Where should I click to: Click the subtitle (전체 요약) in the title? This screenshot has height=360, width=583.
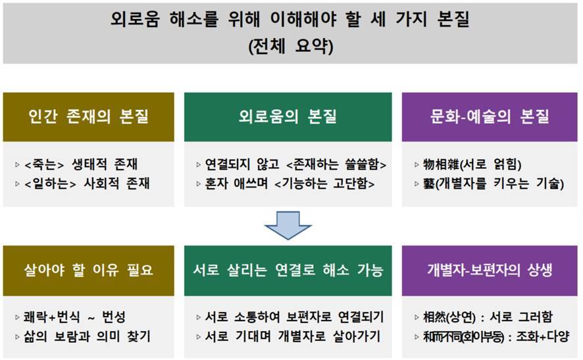point(291,47)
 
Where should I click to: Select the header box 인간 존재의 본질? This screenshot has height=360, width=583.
point(89,117)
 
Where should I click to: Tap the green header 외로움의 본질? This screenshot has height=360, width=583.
point(288,117)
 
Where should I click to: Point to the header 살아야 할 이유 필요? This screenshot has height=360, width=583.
point(89,270)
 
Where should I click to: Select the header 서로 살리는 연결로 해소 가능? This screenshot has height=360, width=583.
point(288,270)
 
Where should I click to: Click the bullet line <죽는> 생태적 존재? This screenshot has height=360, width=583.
point(82,164)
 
